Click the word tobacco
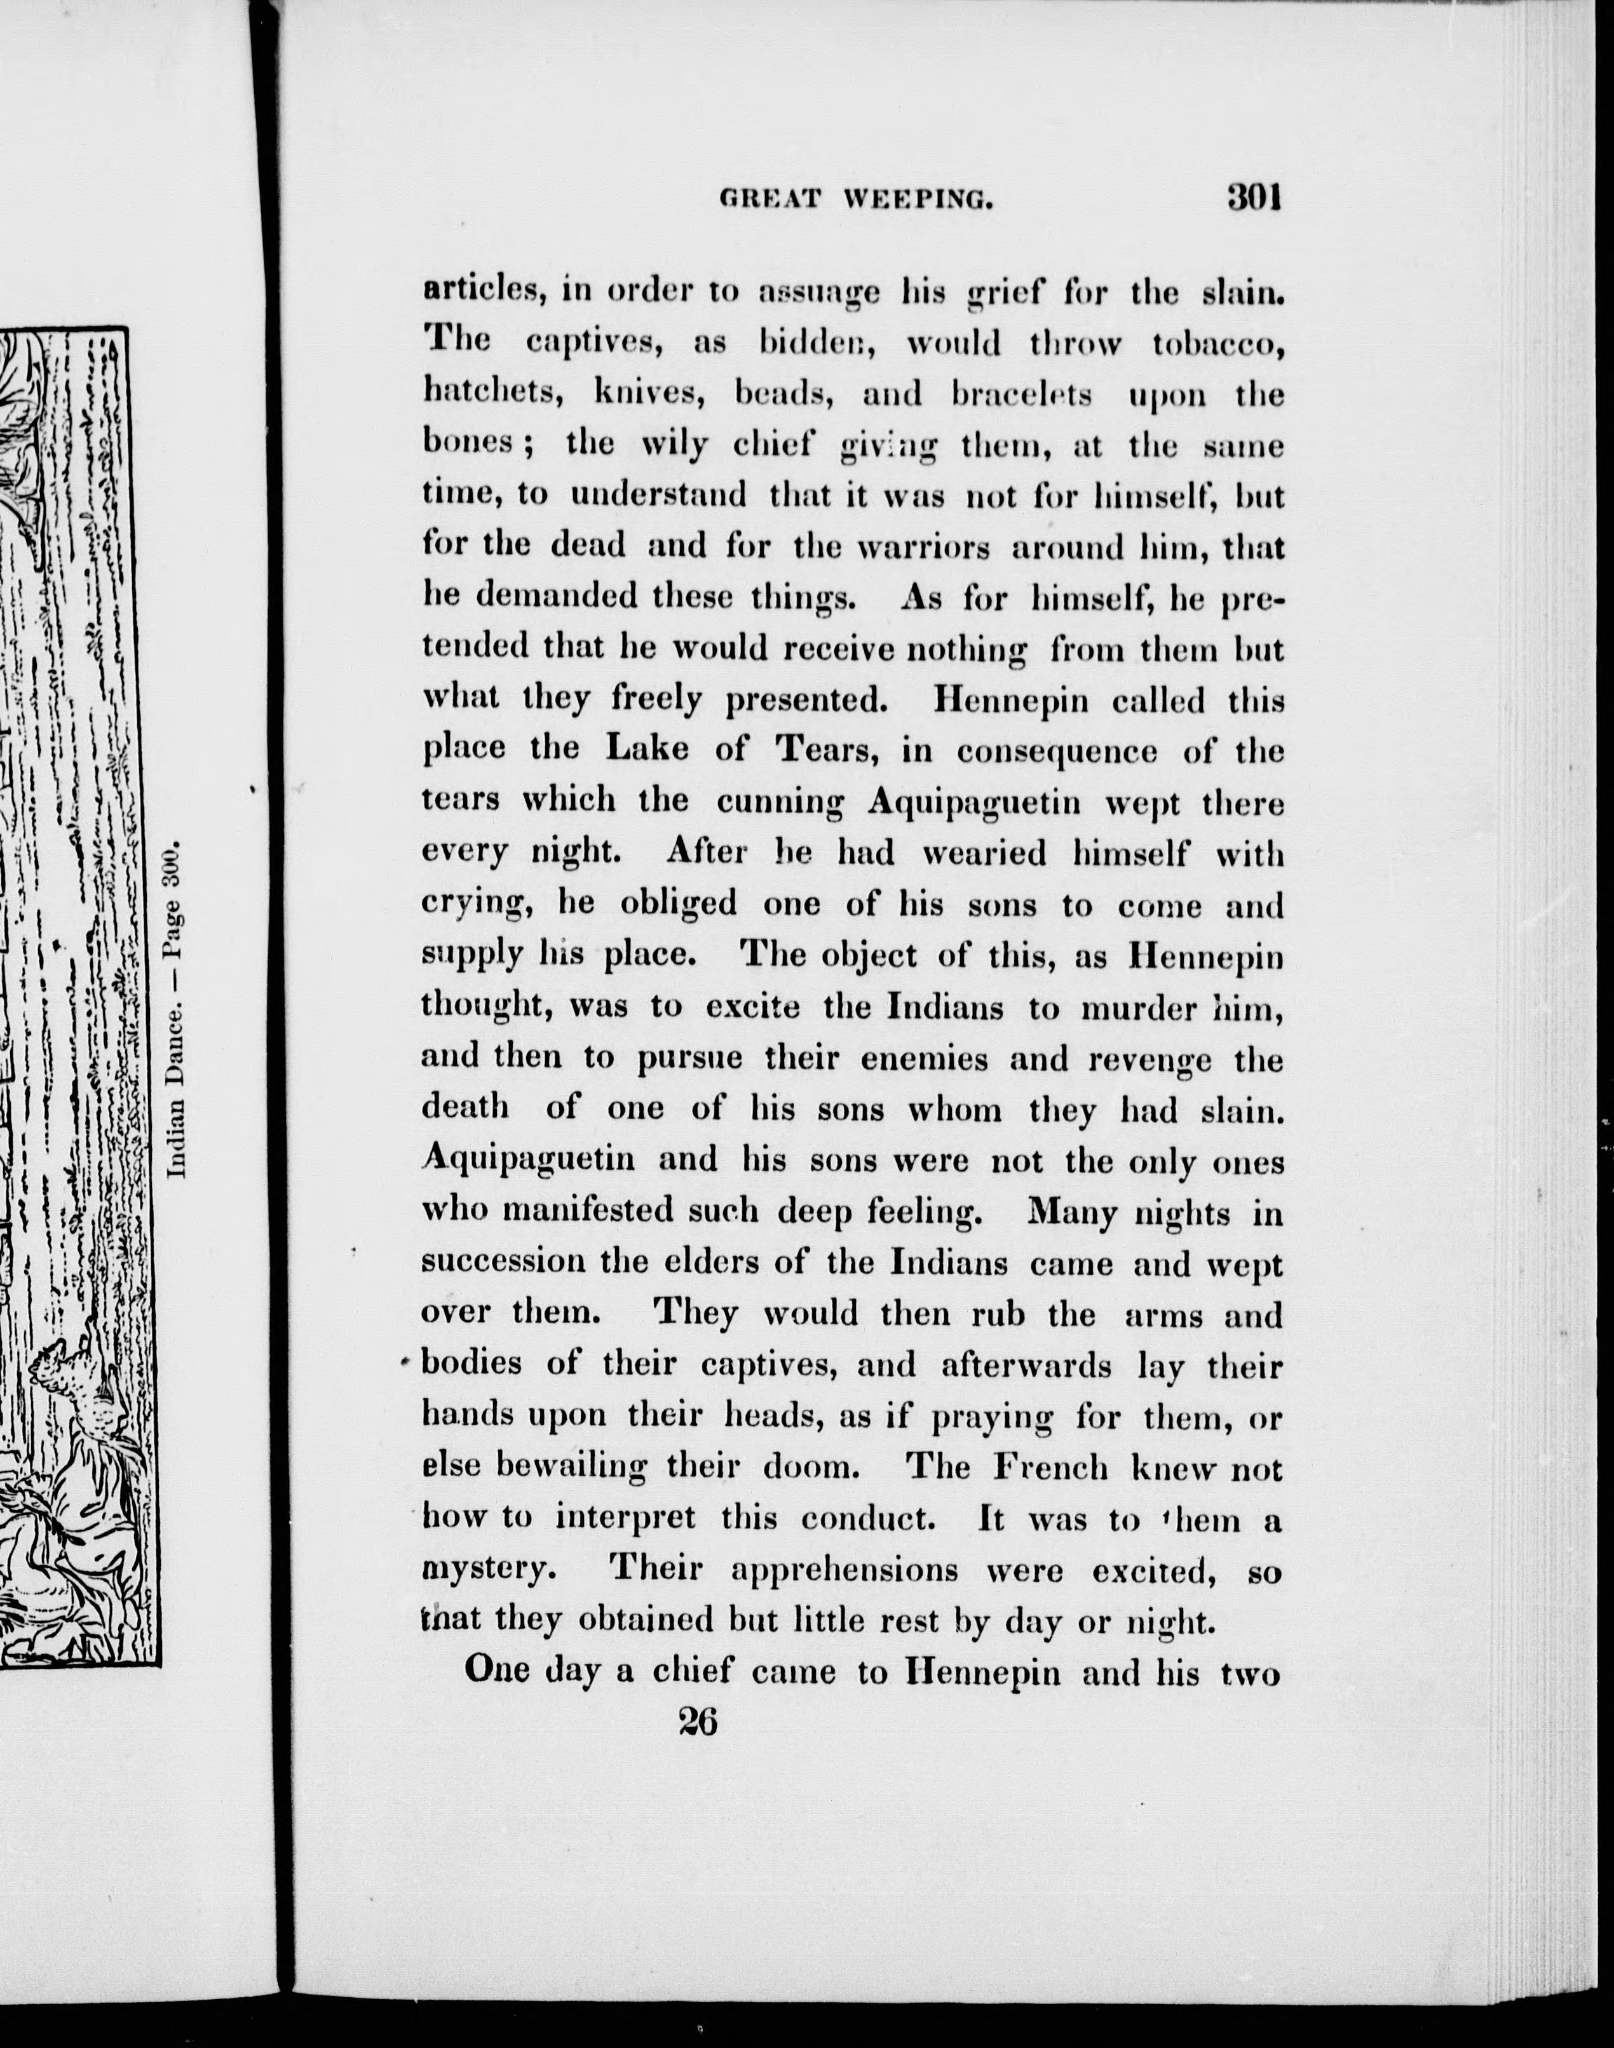(1218, 345)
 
